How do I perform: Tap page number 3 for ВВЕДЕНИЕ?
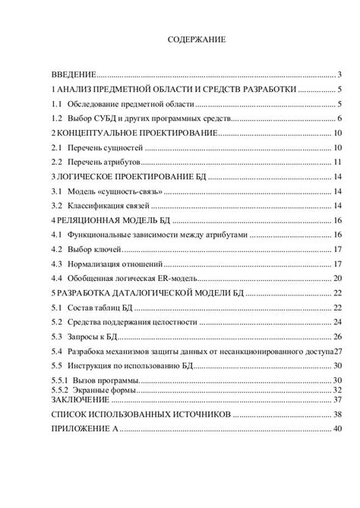pos(342,74)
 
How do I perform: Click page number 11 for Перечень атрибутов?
pos(339,162)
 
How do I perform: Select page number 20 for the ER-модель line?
pos(339,278)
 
